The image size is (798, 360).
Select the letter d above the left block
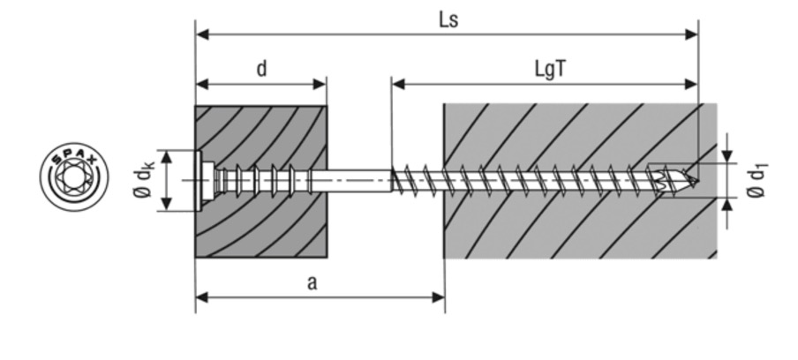261,69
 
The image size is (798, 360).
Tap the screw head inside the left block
204,180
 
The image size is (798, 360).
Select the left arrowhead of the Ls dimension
202,34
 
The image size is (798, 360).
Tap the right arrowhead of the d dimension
320,84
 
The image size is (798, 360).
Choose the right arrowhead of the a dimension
438,296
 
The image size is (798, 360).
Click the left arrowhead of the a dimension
202,296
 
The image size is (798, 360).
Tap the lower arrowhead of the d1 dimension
726,202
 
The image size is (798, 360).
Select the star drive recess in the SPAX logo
73,176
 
